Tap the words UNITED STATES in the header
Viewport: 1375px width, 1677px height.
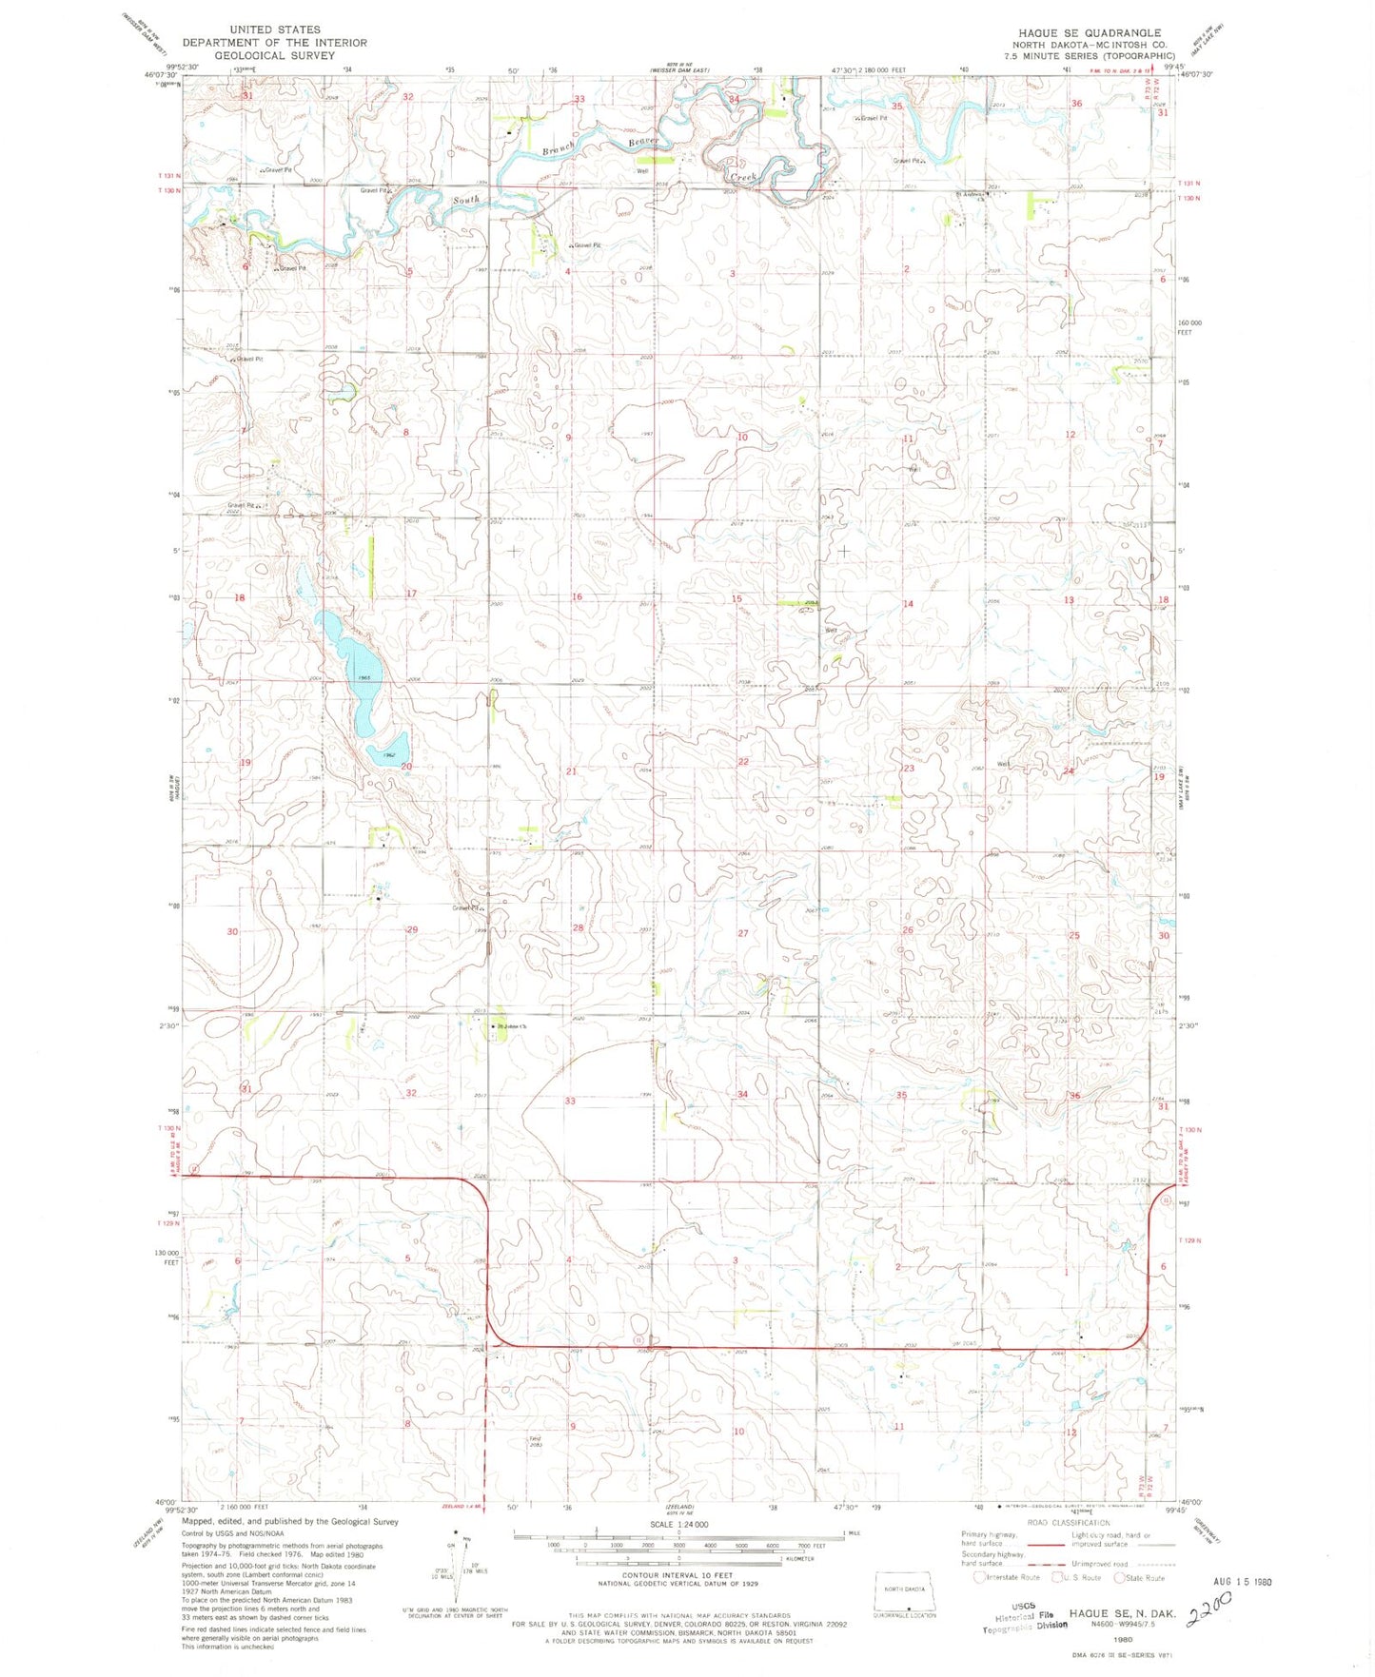point(274,29)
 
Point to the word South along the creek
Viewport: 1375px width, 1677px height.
point(466,200)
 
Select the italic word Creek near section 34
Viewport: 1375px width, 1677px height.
point(741,178)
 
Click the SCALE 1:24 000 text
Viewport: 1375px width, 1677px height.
point(678,1524)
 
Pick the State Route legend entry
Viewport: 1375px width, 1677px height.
point(1141,1577)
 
